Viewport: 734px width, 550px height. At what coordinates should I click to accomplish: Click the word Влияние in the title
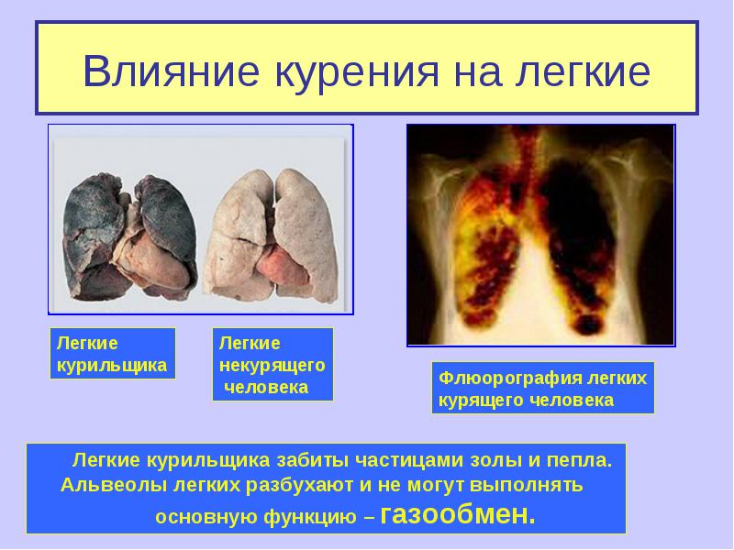tap(171, 71)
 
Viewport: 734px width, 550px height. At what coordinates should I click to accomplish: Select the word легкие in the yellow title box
tap(584, 72)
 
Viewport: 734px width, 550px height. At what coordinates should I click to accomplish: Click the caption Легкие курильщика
tap(111, 354)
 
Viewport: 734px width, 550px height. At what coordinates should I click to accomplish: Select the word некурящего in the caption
tap(272, 365)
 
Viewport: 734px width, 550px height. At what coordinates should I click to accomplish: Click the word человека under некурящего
tap(266, 387)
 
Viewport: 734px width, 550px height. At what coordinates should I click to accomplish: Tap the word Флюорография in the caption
tap(509, 379)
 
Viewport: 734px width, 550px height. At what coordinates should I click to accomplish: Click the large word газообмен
tap(457, 514)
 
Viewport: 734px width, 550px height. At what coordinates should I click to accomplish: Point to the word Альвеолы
tap(114, 485)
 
